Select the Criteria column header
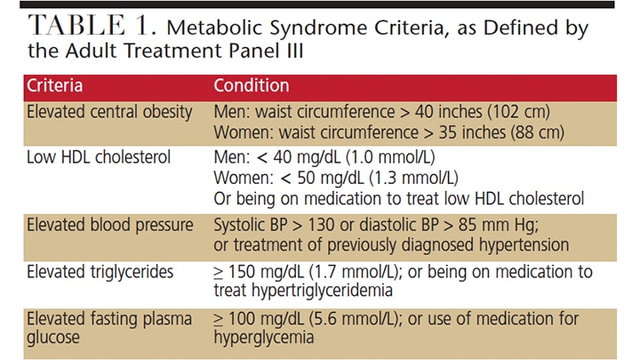click(54, 86)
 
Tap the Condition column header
click(252, 86)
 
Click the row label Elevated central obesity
click(109, 113)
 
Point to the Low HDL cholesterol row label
click(98, 158)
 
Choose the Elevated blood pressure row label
click(109, 225)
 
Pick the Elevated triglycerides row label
click(98, 271)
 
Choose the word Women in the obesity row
click(240, 132)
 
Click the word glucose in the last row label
click(53, 339)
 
